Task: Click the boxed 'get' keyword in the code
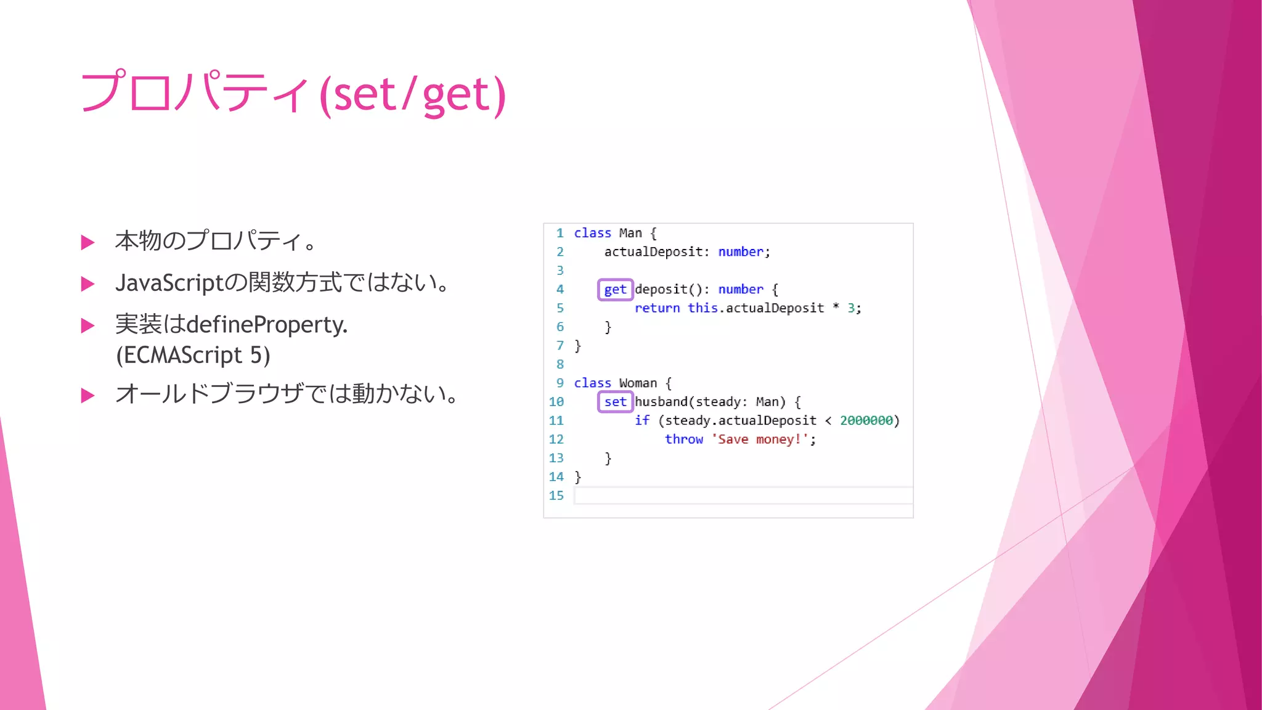tap(615, 290)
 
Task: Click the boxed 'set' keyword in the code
tap(615, 402)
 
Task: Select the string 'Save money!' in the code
tap(760, 439)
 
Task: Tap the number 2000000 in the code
tap(866, 420)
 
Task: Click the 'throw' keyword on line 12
tap(683, 439)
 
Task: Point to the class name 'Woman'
tap(638, 383)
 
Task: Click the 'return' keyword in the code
tap(657, 308)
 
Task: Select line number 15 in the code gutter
tap(556, 496)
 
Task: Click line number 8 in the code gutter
tap(560, 364)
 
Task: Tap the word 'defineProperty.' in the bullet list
tap(267, 325)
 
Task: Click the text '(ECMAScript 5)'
tap(193, 355)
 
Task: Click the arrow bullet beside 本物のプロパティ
tap(88, 242)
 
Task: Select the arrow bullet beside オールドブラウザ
tap(88, 395)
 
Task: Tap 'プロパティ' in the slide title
tap(194, 92)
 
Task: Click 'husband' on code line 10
tap(661, 402)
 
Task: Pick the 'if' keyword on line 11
tap(641, 420)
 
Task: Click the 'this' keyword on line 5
tap(702, 308)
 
